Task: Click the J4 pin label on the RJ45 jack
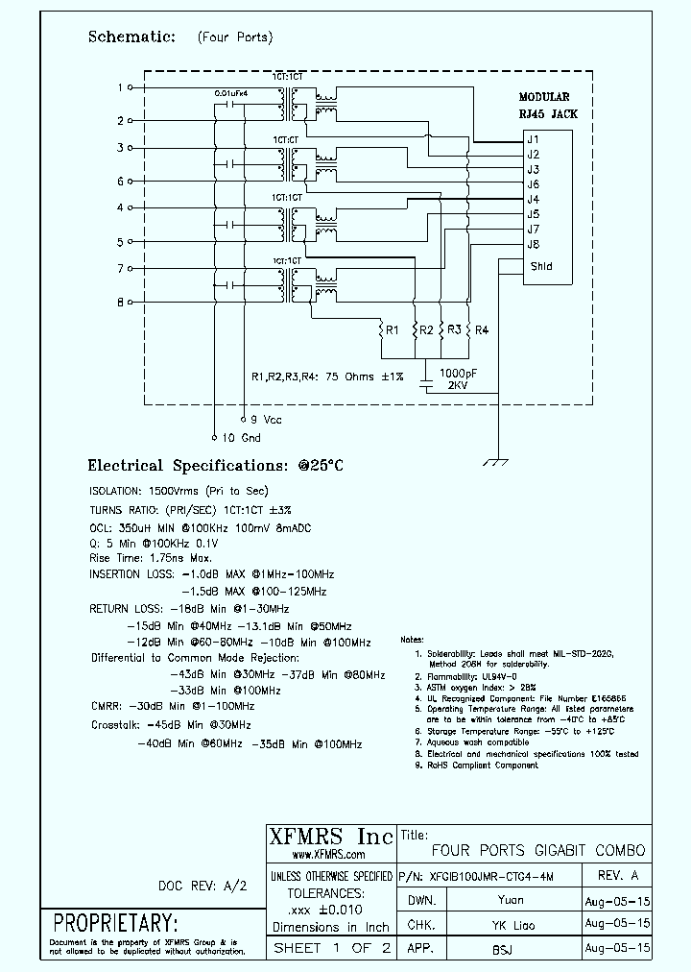pos(533,200)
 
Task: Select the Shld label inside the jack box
pos(541,266)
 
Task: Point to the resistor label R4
pos(482,330)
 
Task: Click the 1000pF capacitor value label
pos(457,372)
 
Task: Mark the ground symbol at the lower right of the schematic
pos(495,462)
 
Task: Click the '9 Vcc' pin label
pos(265,420)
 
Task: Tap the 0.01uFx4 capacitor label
pos(232,93)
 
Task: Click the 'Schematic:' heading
pos(131,36)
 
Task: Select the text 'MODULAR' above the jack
pos(544,97)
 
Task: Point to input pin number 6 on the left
pos(120,181)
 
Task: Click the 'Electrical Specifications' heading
pos(215,466)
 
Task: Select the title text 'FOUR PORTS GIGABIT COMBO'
pos(538,851)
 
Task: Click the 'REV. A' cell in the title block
pos(617,875)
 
